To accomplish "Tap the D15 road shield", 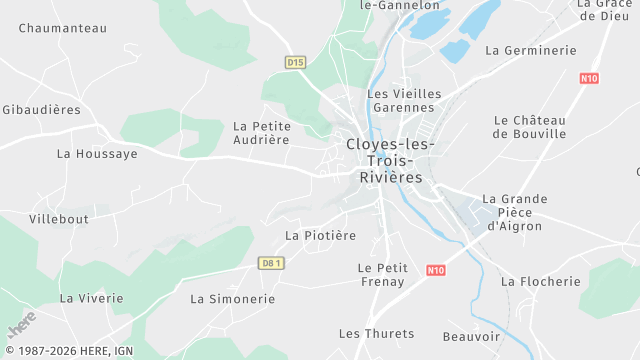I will [294, 62].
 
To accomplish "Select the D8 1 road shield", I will [271, 263].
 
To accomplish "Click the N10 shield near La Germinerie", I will [589, 77].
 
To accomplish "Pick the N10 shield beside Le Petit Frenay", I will [435, 270].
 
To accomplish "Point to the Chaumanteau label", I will [62, 28].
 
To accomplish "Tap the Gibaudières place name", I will [42, 108].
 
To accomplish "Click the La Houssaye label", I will [97, 153].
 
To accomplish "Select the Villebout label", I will [59, 218].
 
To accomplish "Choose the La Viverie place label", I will [91, 298].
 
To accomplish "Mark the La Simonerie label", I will [231, 298].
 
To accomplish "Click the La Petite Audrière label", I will [261, 133].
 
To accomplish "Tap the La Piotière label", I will [320, 235].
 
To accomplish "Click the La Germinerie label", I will [531, 50].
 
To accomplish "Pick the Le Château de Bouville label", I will [530, 126].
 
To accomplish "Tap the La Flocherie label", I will [540, 281].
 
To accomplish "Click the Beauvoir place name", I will [471, 337].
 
